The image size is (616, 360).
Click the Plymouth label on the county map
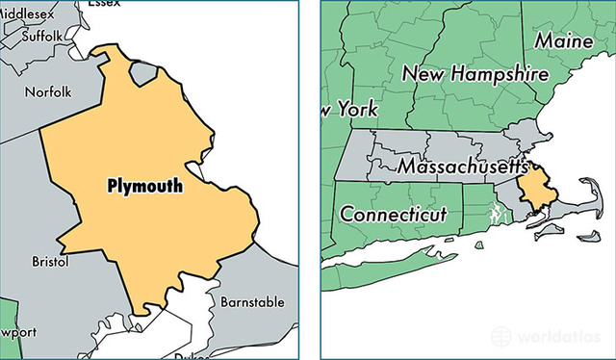pyautogui.click(x=144, y=186)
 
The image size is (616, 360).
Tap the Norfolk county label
pyautogui.click(x=48, y=92)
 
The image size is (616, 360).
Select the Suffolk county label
pyautogui.click(x=42, y=37)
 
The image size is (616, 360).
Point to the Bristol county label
pyautogui.click(x=51, y=261)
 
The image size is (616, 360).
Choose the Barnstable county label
pyautogui.click(x=252, y=301)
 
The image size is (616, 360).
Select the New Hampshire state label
pyautogui.click(x=475, y=73)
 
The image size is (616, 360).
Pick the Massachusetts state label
pyautogui.click(x=462, y=167)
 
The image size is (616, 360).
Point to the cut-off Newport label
pyautogui.click(x=19, y=332)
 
